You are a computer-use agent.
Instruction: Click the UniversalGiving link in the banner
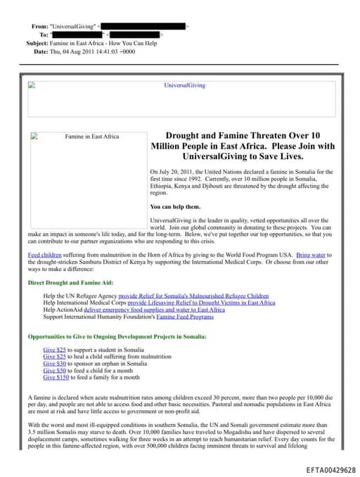pyautogui.click(x=184, y=85)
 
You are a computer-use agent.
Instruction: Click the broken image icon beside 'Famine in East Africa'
pyautogui.click(x=34, y=136)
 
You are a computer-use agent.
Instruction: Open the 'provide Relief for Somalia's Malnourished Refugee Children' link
pyautogui.click(x=194, y=295)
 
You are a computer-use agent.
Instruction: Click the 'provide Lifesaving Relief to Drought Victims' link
pyautogui.click(x=201, y=303)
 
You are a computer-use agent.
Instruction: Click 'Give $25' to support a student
pyautogui.click(x=53, y=350)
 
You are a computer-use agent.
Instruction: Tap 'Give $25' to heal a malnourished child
pyautogui.click(x=53, y=357)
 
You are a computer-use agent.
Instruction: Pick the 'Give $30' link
pyautogui.click(x=53, y=364)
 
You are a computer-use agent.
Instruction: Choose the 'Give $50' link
pyautogui.click(x=53, y=370)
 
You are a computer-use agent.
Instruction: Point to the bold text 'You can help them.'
pyautogui.click(x=175, y=207)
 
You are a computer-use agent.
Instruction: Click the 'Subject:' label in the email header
pyautogui.click(x=37, y=43)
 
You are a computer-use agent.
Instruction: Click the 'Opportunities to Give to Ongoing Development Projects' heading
pyautogui.click(x=117, y=337)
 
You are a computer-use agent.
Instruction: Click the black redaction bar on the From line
pyautogui.click(x=143, y=26)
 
